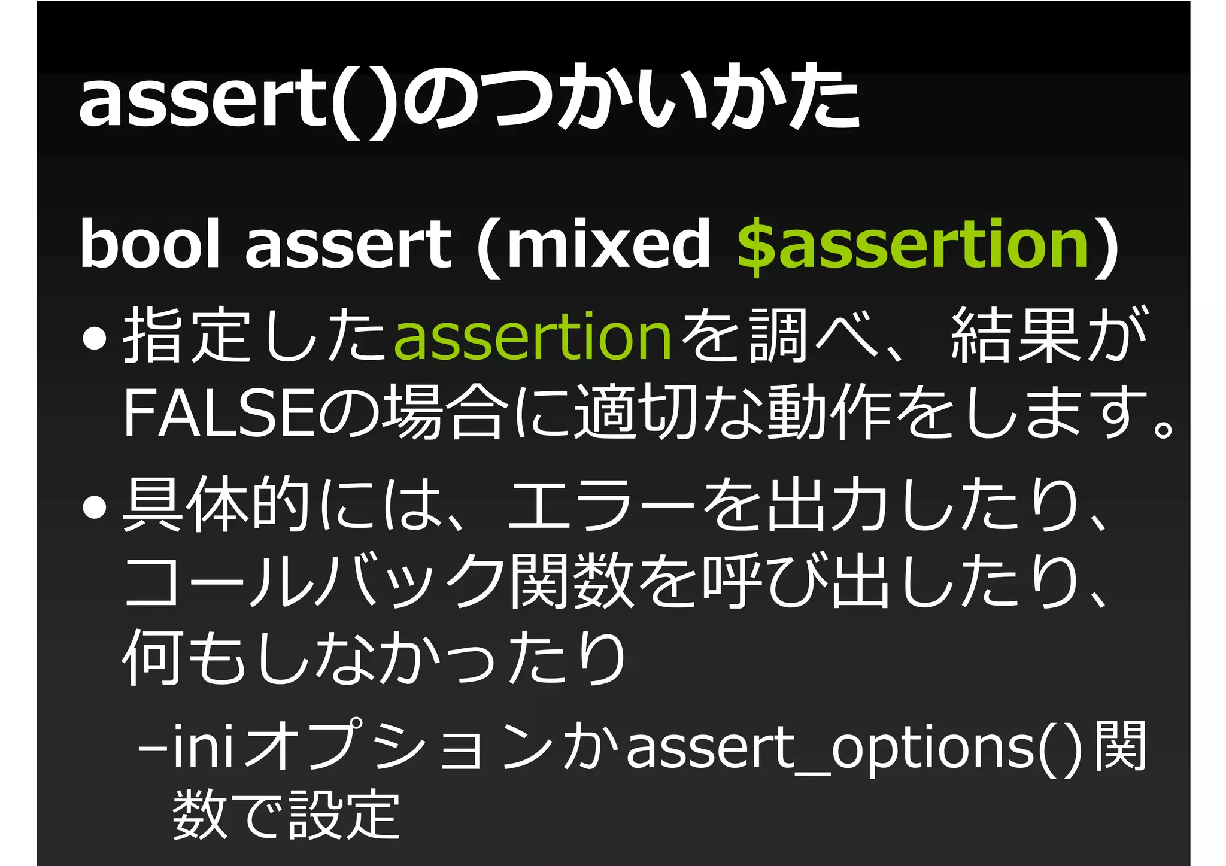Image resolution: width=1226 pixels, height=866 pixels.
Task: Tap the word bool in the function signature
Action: tap(150, 244)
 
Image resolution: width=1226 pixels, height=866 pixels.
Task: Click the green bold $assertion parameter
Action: tap(912, 244)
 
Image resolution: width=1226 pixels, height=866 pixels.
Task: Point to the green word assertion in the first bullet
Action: tap(533, 336)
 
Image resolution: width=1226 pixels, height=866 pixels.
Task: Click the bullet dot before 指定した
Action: tap(95, 339)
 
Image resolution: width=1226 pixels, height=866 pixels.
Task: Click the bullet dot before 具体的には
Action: tap(95, 506)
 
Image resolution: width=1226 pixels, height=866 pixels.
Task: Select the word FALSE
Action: tap(219, 413)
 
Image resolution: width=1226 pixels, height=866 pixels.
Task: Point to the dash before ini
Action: tap(152, 748)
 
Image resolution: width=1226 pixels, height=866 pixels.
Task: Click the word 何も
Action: tap(183, 657)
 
